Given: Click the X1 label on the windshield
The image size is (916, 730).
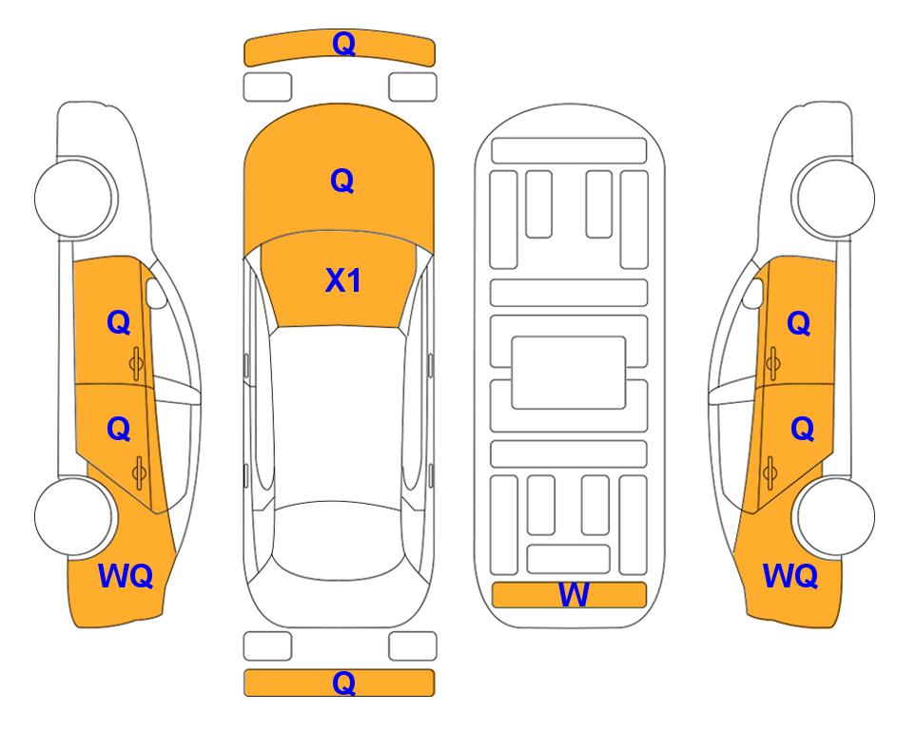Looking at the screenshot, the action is [x=343, y=280].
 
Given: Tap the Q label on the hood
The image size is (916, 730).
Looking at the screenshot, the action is [x=342, y=181].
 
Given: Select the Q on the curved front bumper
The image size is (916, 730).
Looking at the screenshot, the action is [x=343, y=44].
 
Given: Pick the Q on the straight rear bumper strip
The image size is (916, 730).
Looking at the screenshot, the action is [x=343, y=682].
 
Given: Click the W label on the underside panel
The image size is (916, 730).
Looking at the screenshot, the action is [x=573, y=595].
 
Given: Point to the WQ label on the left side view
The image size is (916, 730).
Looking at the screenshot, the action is [x=126, y=576].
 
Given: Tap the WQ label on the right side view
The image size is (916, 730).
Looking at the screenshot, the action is [x=790, y=576].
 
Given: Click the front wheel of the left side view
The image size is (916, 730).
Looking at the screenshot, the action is [x=74, y=198].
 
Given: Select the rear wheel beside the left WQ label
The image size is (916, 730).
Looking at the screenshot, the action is [x=74, y=516].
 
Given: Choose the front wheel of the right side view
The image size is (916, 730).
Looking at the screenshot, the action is [x=835, y=198].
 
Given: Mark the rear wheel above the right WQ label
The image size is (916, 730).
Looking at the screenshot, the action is [x=835, y=516].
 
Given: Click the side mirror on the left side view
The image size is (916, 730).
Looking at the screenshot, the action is [x=155, y=293].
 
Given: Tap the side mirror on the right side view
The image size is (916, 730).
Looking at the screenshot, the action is [x=753, y=293].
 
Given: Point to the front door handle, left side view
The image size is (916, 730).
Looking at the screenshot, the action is [x=137, y=364].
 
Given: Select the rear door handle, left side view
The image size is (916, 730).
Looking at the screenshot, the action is [x=139, y=472].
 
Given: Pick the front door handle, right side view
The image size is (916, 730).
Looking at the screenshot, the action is [x=773, y=364].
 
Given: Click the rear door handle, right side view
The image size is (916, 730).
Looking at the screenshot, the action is [x=770, y=472].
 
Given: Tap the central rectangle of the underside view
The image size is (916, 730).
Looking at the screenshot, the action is [x=569, y=373].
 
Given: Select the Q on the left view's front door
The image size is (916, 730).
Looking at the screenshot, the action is [x=119, y=322].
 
